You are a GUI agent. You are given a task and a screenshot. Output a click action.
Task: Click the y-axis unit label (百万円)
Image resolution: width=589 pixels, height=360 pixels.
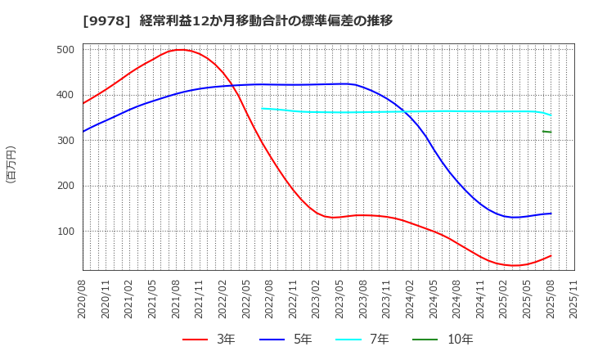pyautogui.click(x=11, y=164)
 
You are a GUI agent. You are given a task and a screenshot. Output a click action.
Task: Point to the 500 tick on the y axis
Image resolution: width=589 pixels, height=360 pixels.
pyautogui.click(x=66, y=50)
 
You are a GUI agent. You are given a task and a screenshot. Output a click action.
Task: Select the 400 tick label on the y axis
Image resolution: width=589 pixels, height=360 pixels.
pyautogui.click(x=66, y=95)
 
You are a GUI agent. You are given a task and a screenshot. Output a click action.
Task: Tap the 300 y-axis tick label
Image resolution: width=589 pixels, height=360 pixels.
pyautogui.click(x=66, y=141)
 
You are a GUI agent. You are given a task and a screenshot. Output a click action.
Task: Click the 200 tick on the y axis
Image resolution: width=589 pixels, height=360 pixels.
pyautogui.click(x=66, y=186)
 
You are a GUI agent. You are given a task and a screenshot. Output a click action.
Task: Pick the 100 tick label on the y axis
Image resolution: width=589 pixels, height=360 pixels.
pyautogui.click(x=66, y=232)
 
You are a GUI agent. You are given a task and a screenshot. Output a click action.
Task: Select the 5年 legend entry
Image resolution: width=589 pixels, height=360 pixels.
pyautogui.click(x=284, y=339)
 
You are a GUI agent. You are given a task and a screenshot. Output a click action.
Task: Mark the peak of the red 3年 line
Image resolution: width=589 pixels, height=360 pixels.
pyautogui.click(x=180, y=50)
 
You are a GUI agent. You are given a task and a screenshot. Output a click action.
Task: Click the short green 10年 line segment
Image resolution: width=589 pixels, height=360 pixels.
pyautogui.click(x=546, y=132)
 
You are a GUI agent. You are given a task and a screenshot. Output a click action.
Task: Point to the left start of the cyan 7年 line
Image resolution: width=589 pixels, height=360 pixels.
pyautogui.click(x=263, y=108)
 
